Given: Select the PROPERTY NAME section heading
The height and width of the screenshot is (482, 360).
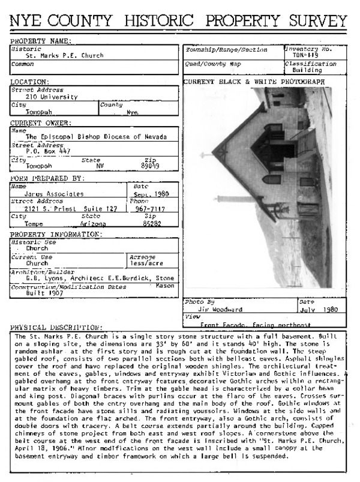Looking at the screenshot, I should coord(40,41).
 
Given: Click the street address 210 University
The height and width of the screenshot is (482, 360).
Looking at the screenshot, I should coord(52,96).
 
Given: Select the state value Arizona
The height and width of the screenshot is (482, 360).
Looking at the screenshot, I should coord(92,223).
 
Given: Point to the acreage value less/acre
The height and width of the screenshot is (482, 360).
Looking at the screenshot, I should coord(143,262).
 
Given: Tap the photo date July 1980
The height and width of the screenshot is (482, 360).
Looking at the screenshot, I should coord(321,310).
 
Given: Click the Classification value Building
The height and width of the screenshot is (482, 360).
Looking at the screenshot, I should coord(304,70).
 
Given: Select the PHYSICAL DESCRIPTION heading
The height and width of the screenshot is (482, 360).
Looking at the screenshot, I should coord(56,327).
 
